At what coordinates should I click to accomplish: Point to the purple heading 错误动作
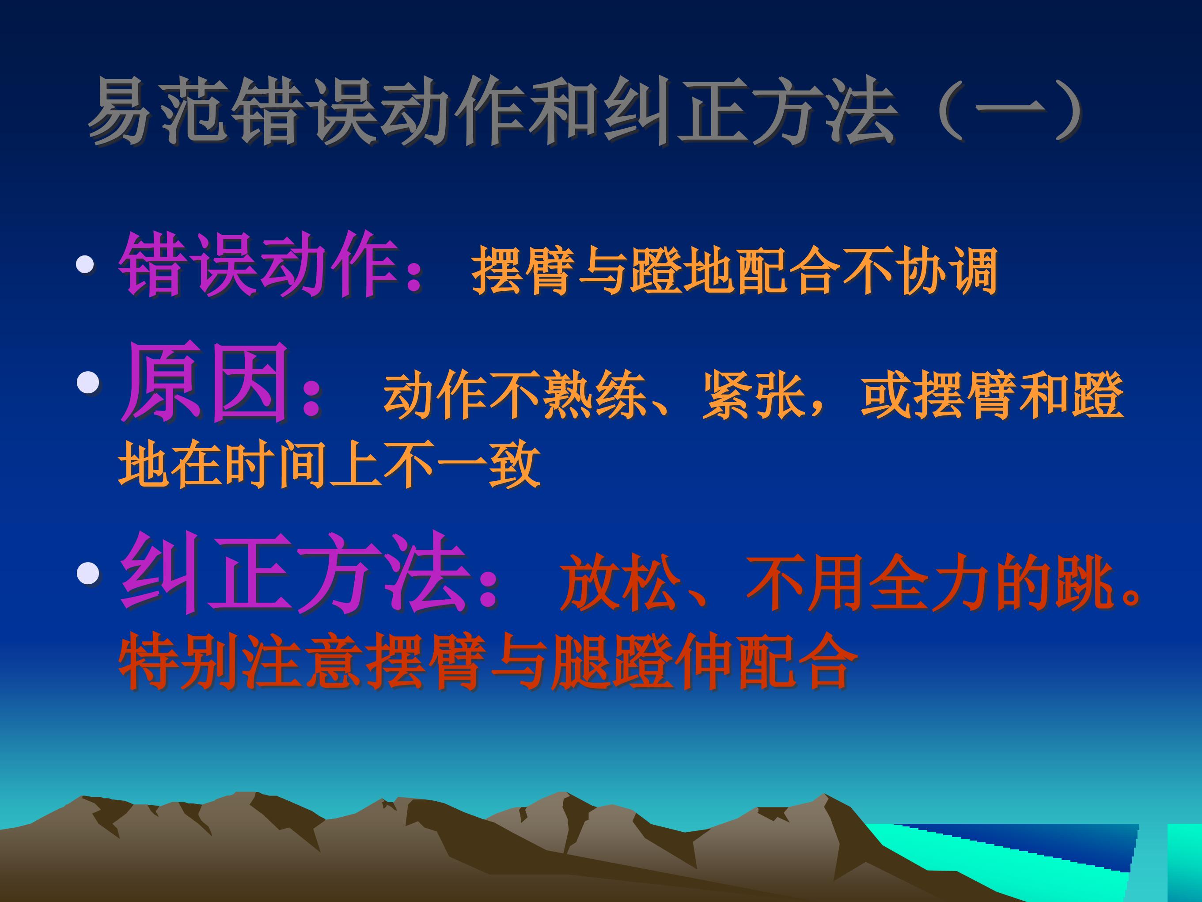tap(258, 265)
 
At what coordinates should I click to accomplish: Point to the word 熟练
tap(595, 395)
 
